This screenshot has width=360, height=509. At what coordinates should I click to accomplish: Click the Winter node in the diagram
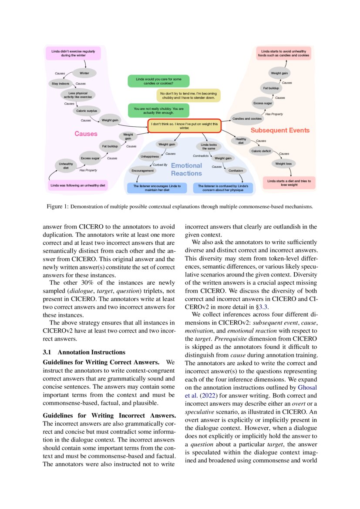(84, 73)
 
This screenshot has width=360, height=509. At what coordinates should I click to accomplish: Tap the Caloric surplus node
(87, 111)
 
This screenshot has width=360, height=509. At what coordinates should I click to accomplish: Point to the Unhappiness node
(149, 156)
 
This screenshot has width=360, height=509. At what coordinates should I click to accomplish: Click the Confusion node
(236, 171)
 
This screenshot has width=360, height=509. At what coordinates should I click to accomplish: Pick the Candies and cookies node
(247, 118)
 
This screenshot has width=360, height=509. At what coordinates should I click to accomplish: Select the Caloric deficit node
(261, 151)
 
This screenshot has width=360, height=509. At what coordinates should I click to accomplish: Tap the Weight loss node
(283, 164)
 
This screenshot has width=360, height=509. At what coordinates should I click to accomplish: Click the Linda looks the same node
(209, 146)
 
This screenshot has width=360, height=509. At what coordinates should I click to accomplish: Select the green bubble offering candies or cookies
(158, 81)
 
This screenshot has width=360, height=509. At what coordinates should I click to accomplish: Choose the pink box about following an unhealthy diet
(78, 185)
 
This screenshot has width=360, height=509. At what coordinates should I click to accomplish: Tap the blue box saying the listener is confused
(223, 188)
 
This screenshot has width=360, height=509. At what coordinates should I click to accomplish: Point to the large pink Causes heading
(86, 134)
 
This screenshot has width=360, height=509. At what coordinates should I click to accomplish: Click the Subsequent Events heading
(280, 130)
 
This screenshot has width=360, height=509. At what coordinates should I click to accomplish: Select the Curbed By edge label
(160, 165)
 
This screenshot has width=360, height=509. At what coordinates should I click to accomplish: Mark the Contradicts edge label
(201, 155)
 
